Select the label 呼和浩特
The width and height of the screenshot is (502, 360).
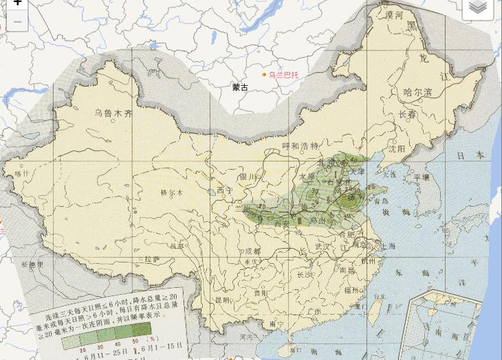point(301,146)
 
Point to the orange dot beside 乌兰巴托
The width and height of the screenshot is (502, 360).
point(264,74)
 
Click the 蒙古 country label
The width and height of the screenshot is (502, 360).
point(240,87)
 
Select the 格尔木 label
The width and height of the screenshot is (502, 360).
point(172,193)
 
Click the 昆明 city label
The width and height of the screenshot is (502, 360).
point(221,300)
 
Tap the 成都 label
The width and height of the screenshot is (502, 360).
point(252,251)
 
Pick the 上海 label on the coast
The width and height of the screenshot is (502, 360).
point(386,245)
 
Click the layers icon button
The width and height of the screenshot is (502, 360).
point(478,8)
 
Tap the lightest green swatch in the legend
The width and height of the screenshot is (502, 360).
point(72,340)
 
